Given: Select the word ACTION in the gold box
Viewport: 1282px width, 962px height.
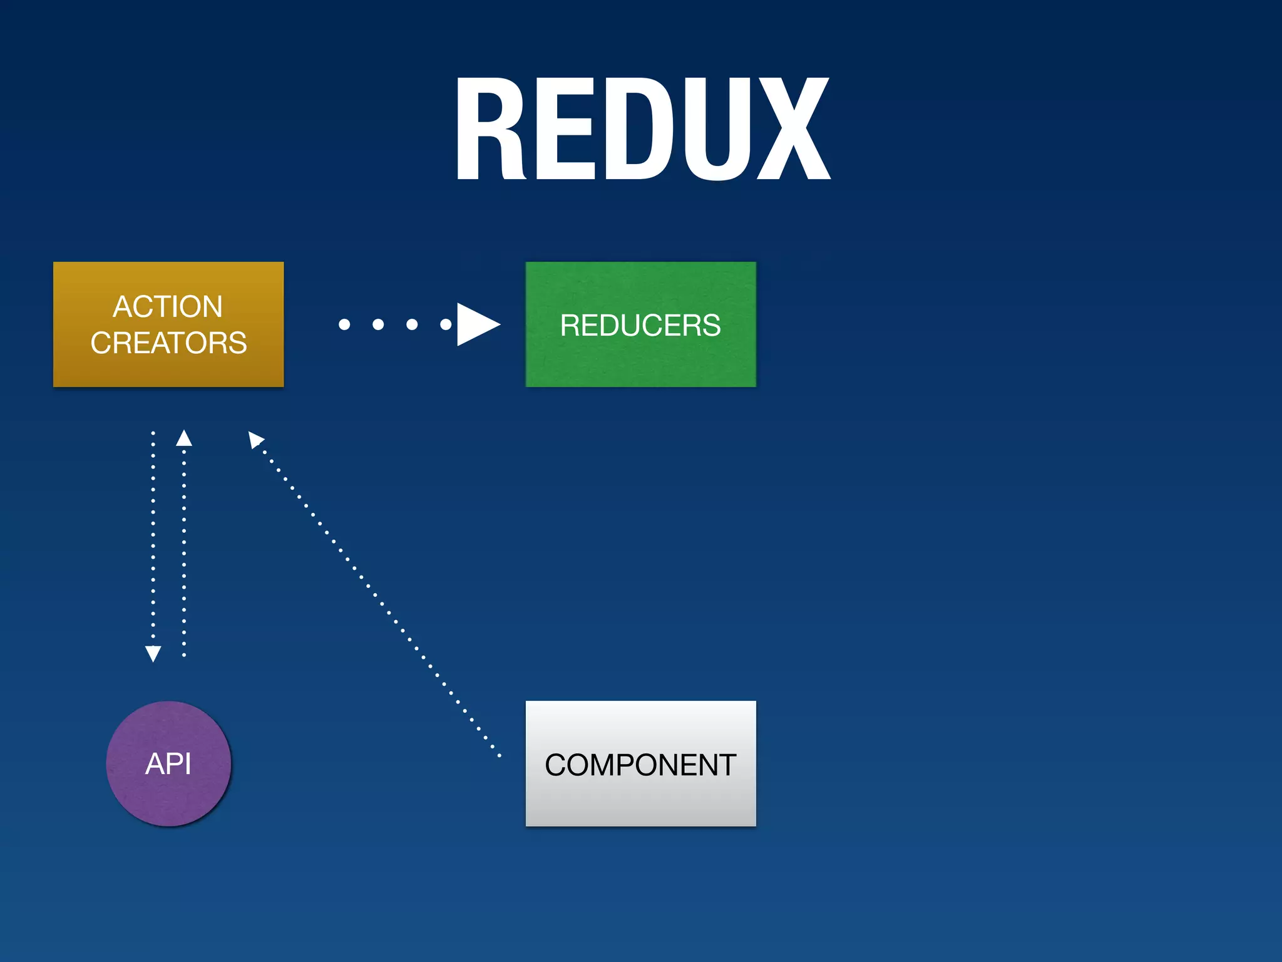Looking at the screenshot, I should click(x=168, y=307).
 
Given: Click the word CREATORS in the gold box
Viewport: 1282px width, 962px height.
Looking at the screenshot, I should click(x=168, y=343).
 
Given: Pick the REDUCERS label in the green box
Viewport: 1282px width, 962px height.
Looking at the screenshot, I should click(x=640, y=325).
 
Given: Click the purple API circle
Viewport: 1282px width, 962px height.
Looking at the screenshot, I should click(x=168, y=763).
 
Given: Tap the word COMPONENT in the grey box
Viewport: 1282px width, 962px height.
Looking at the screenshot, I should click(x=640, y=765).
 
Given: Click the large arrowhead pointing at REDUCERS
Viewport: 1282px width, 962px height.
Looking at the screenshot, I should click(x=476, y=324).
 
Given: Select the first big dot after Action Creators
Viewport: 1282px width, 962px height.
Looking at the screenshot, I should click(x=344, y=324).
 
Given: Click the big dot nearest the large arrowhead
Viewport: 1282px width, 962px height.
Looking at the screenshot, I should click(x=446, y=324).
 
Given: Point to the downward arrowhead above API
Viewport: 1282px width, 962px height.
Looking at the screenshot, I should click(x=153, y=653).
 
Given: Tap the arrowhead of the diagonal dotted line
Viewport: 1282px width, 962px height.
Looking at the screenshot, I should click(x=255, y=439).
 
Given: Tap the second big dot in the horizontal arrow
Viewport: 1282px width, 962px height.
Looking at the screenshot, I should click(x=378, y=324).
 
